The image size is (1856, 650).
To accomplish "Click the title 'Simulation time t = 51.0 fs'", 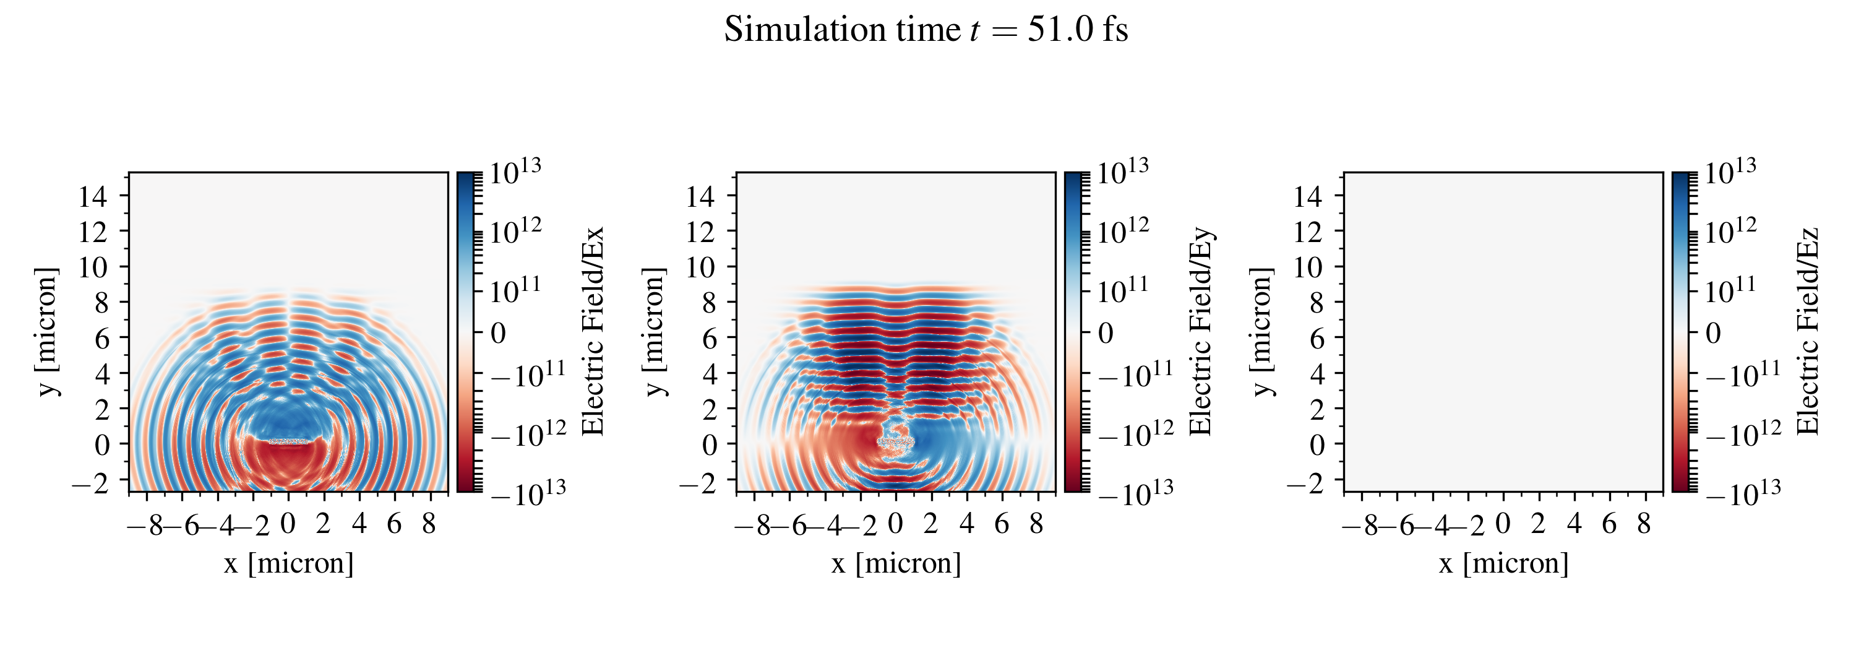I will tap(926, 30).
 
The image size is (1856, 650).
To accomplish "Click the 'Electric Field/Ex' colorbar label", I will tap(592, 331).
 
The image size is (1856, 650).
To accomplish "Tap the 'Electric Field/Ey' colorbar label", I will tap(1200, 331).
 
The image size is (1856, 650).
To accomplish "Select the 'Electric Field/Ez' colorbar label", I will tap(1808, 331).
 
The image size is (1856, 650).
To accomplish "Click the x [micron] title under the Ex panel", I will tap(288, 563).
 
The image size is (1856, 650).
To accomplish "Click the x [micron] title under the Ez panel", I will tap(1504, 563).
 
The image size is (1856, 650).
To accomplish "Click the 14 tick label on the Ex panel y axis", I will tap(93, 196).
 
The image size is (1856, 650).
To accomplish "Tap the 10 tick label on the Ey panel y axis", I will tap(700, 267).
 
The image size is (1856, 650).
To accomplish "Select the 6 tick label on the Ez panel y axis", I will tap(1317, 338).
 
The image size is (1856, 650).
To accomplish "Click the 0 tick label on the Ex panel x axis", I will tap(288, 524).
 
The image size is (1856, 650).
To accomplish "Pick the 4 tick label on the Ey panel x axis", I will tap(966, 524).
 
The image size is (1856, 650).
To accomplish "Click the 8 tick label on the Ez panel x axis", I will tap(1643, 524).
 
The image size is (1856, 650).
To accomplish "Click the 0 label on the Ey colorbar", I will tap(1105, 334).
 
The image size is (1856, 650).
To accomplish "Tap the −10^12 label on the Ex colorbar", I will tap(526, 434).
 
